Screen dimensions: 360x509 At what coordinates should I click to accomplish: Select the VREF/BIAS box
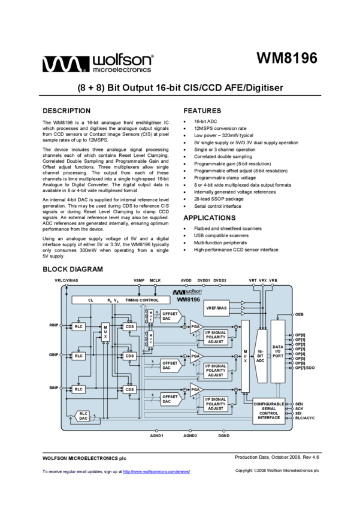coord(217,308)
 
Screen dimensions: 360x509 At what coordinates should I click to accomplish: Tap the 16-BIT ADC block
coord(261,356)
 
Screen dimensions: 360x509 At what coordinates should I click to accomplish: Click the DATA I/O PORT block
coord(278,352)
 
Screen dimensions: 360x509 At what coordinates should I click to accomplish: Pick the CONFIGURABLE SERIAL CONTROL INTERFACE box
coord(268,411)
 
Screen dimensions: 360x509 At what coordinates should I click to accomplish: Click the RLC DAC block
coord(83,416)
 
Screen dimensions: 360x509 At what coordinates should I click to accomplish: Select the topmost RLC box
coord(78,326)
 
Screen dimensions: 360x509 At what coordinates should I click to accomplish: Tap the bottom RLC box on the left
coord(78,389)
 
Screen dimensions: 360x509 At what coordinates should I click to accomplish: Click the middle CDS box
coord(129,356)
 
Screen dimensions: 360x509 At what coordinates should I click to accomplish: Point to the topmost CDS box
coord(129,326)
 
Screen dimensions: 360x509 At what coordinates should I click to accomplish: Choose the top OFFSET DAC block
coord(171,316)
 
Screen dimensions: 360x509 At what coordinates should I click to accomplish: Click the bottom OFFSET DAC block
coord(171,398)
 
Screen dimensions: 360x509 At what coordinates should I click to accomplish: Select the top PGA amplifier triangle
coord(196,326)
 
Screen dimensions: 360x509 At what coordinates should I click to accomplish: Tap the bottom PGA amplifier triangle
coord(196,390)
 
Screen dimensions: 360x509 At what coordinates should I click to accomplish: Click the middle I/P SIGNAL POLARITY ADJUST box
coord(216,370)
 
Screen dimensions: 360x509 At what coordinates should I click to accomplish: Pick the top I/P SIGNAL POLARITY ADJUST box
coord(216,337)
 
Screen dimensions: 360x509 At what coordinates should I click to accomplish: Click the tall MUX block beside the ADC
coord(245,356)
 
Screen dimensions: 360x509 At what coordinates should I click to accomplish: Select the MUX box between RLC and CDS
coord(105,332)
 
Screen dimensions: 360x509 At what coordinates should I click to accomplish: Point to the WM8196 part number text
coord(188,299)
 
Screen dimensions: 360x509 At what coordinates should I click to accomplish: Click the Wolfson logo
coord(187,292)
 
